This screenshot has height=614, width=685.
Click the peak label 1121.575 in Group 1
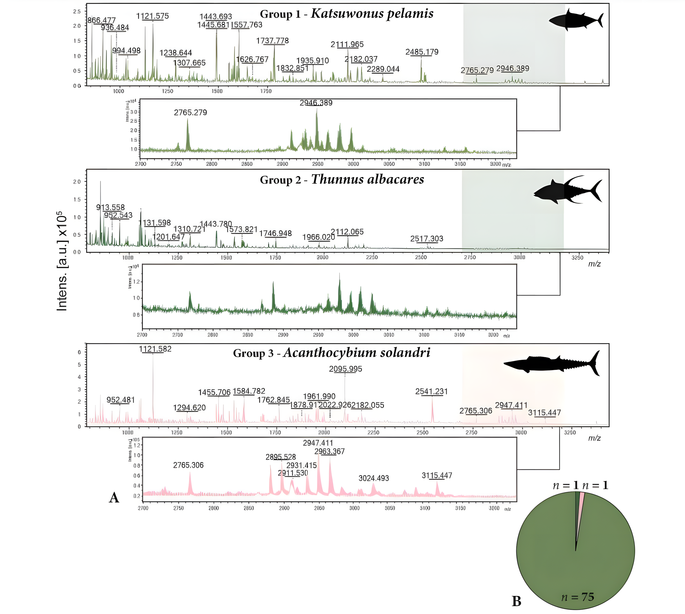click(152, 16)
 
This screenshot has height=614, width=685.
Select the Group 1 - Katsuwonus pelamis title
click(347, 14)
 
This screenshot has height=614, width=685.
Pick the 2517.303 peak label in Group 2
click(427, 239)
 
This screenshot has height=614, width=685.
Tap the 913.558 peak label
click(111, 207)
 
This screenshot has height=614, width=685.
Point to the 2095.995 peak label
click(345, 369)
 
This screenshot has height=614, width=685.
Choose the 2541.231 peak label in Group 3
click(431, 391)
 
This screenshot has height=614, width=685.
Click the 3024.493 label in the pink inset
click(374, 478)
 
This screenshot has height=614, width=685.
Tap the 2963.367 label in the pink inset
click(329, 451)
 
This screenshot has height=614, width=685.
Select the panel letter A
click(114, 497)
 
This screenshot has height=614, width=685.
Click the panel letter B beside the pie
click(516, 601)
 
